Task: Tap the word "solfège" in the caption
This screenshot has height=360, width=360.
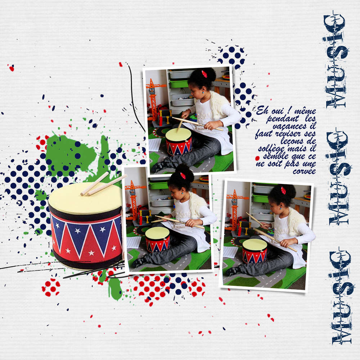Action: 271,149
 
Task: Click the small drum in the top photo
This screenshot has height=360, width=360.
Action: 179,141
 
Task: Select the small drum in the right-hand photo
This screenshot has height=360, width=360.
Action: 255,251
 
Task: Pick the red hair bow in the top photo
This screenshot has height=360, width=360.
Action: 204,74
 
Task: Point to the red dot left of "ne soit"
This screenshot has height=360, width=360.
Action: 257,158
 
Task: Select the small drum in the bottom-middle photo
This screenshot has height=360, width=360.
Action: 158,239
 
